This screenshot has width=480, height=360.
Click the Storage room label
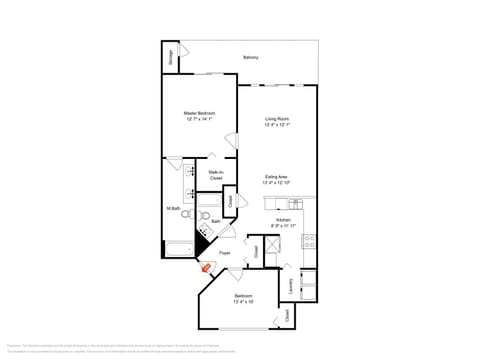click(x=170, y=57)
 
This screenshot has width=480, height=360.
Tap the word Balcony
click(x=250, y=57)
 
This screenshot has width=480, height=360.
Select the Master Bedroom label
click(x=199, y=114)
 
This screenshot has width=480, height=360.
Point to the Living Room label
click(x=277, y=120)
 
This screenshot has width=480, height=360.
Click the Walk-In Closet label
click(x=215, y=175)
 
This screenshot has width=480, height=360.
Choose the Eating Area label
click(x=276, y=178)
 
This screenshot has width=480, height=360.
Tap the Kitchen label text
click(x=284, y=219)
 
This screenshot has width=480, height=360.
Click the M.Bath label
click(x=173, y=208)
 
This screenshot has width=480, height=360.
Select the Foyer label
click(x=225, y=253)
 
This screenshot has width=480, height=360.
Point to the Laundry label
click(x=290, y=286)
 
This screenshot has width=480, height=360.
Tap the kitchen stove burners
click(x=309, y=240)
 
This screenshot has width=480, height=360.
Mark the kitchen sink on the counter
click(x=296, y=204)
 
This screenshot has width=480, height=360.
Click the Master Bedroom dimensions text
click(x=199, y=120)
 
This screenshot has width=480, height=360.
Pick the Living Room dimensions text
click(x=277, y=126)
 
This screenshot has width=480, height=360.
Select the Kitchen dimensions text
click(x=284, y=225)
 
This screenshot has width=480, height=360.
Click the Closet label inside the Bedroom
click(x=289, y=315)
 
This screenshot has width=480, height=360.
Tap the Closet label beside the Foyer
click(x=255, y=251)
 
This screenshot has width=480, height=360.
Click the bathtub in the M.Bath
click(x=178, y=249)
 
